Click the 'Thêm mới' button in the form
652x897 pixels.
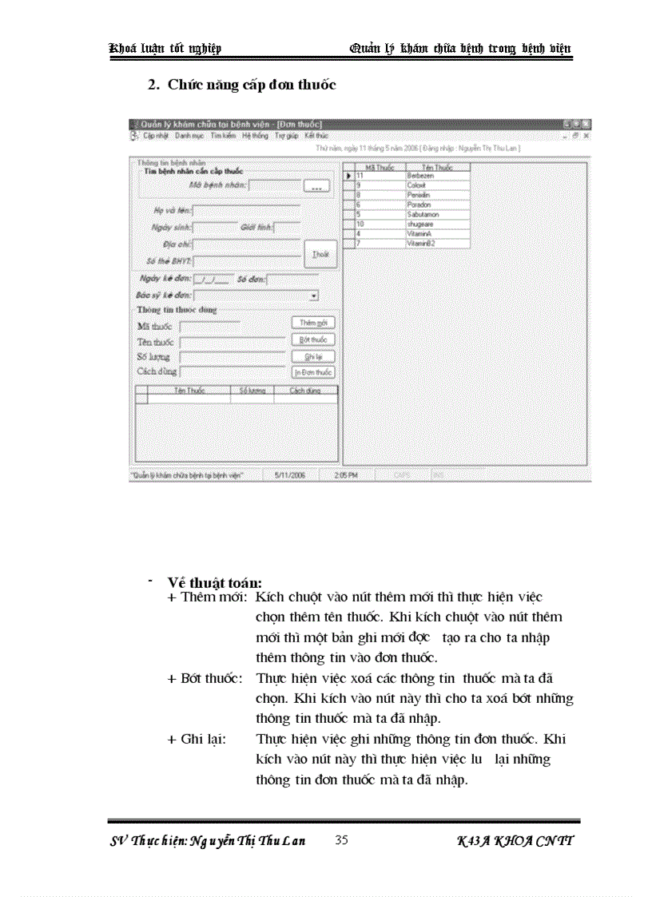(x=312, y=323)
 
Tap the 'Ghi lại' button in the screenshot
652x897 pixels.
(x=312, y=356)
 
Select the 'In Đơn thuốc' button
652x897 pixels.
(x=312, y=372)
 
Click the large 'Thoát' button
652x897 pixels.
(x=320, y=253)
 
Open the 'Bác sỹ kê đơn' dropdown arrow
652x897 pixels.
(x=314, y=296)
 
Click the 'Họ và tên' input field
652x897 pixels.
(x=246, y=211)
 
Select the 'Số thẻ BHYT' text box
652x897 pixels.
(x=246, y=261)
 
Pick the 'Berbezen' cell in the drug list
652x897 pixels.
(x=438, y=176)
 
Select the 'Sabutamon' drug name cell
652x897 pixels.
(x=438, y=214)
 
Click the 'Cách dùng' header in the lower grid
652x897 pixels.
(x=305, y=391)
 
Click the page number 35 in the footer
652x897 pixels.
(x=342, y=840)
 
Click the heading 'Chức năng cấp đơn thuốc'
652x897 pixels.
(x=252, y=85)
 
